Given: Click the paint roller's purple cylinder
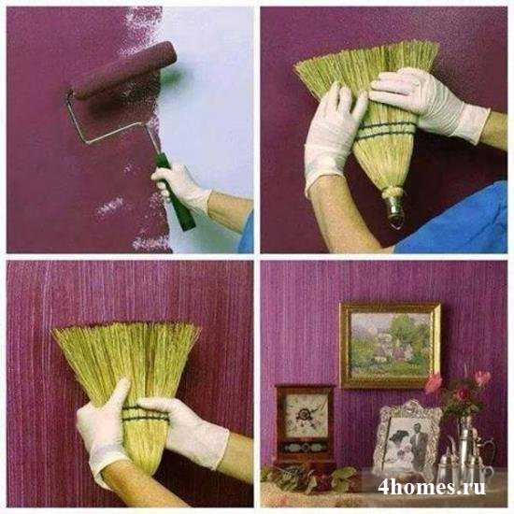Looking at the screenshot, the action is pyautogui.click(x=124, y=69).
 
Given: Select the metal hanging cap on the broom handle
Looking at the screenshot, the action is pyautogui.click(x=394, y=206).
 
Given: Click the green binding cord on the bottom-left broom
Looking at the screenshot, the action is pyautogui.click(x=144, y=414).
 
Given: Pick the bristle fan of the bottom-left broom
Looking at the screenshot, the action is pyautogui.click(x=126, y=357).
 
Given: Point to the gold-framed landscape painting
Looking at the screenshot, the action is pyautogui.click(x=390, y=345).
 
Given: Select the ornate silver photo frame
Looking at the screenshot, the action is pyautogui.click(x=407, y=436).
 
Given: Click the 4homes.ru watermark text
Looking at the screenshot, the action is pyautogui.click(x=432, y=487).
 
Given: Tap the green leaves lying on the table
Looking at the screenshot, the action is pyautogui.click(x=311, y=478).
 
